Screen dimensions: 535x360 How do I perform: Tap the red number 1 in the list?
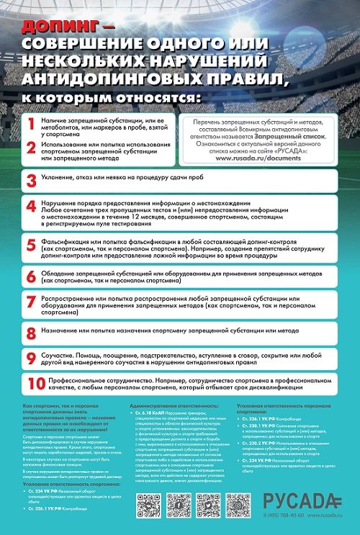[31, 124]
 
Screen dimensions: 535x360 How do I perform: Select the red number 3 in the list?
[31, 180]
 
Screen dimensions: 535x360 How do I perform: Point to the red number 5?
[31, 245]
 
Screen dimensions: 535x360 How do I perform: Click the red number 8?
[31, 333]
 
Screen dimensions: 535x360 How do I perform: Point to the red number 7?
[31, 302]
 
